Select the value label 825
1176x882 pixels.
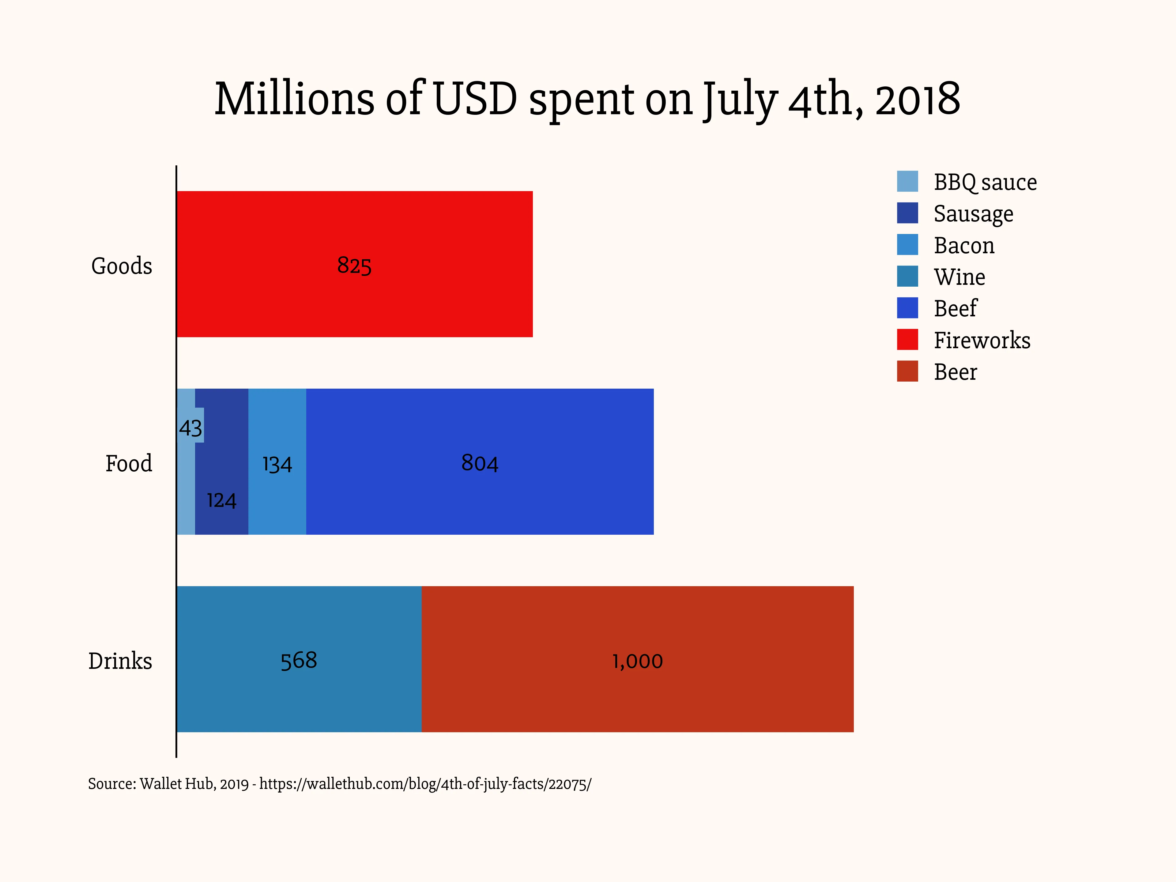(x=354, y=265)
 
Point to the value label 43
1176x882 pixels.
(x=190, y=428)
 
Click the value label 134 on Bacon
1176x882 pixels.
(x=277, y=464)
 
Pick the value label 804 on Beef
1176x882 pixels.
(x=480, y=463)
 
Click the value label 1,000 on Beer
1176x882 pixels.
(x=637, y=661)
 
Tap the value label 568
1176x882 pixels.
(x=299, y=660)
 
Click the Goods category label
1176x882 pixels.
(x=122, y=266)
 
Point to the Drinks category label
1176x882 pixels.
(x=120, y=661)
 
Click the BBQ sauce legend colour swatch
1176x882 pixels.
(x=907, y=181)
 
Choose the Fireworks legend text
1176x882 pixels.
(x=982, y=340)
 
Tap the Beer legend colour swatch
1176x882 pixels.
(x=907, y=371)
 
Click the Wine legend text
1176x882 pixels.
(x=959, y=277)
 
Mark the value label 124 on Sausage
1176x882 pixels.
(x=222, y=500)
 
